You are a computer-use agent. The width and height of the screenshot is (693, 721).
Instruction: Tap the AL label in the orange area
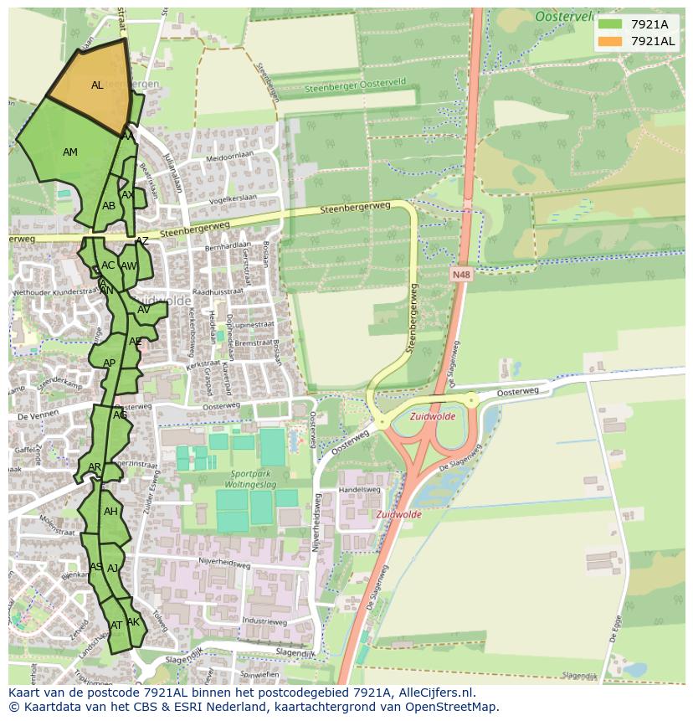tap(97, 85)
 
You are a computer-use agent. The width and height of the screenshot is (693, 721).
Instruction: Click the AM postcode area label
tap(70, 152)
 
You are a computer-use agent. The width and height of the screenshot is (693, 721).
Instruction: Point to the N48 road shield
tap(460, 274)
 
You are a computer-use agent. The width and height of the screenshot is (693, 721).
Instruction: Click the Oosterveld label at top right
tap(566, 16)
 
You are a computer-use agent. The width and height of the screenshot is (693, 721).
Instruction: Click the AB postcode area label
tap(109, 206)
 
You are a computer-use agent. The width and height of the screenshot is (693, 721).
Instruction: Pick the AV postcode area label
tap(143, 310)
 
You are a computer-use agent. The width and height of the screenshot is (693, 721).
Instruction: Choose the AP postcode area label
tap(109, 363)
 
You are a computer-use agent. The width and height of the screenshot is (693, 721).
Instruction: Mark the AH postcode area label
tap(110, 512)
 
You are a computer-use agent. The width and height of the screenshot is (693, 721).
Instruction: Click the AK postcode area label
tap(133, 622)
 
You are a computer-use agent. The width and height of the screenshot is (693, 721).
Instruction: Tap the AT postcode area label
tap(116, 626)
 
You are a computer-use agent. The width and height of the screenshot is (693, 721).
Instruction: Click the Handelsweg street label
tap(359, 490)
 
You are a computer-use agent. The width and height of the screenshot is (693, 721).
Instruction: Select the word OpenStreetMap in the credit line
tap(454, 707)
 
